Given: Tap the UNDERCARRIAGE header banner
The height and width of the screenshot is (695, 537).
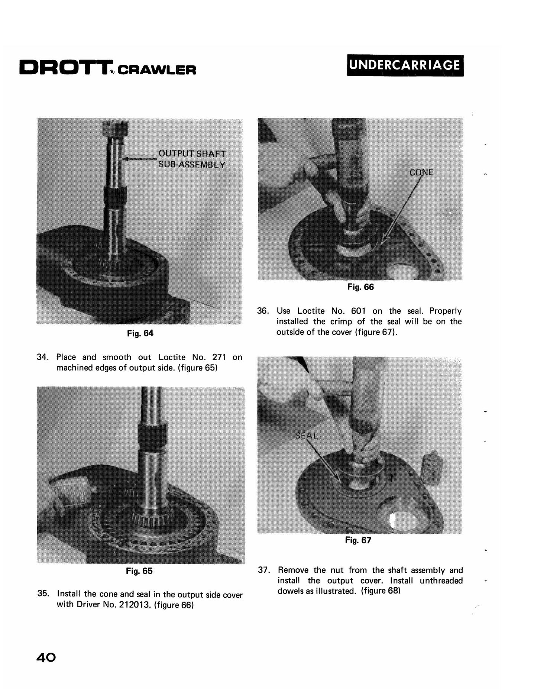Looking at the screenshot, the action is tap(405, 65).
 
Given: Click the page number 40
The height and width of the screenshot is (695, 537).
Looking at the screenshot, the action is tap(46, 657).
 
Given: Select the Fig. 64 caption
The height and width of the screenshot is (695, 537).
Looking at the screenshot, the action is tap(140, 333).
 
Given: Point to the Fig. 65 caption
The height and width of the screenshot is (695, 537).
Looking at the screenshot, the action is tap(139, 571).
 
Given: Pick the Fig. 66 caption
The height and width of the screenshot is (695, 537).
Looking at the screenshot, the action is tap(360, 287).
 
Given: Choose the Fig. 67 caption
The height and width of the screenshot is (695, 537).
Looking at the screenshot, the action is tap(358, 540).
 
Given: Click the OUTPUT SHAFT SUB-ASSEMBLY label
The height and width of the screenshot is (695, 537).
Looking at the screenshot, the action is tap(192, 159).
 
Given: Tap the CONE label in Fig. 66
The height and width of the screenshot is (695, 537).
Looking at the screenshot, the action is tap(421, 172).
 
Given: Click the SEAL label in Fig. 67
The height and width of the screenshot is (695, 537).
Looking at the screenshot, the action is tap(307, 436).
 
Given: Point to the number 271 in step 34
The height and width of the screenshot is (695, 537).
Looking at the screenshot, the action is tap(219, 357).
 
